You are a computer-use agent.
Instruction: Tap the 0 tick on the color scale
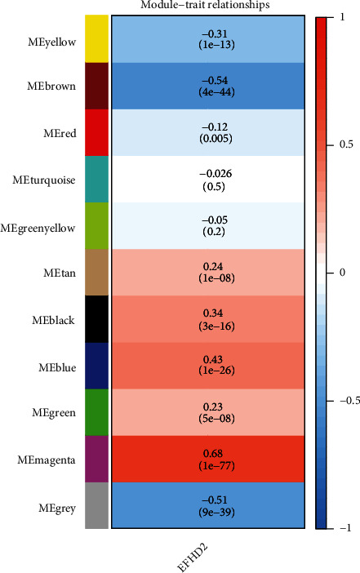pos(344,273)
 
